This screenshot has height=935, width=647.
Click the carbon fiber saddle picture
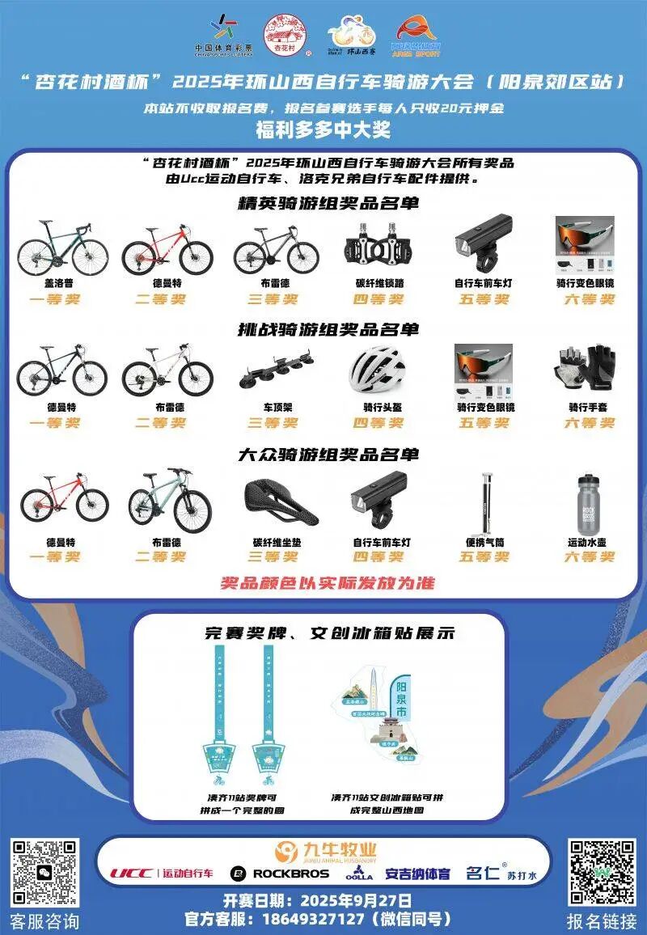point(280,501)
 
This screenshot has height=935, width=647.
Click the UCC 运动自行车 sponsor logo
point(163,874)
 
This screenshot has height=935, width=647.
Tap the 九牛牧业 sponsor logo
point(325,851)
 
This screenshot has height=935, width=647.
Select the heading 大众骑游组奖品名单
point(328,455)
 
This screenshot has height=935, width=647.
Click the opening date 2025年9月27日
point(356,900)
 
